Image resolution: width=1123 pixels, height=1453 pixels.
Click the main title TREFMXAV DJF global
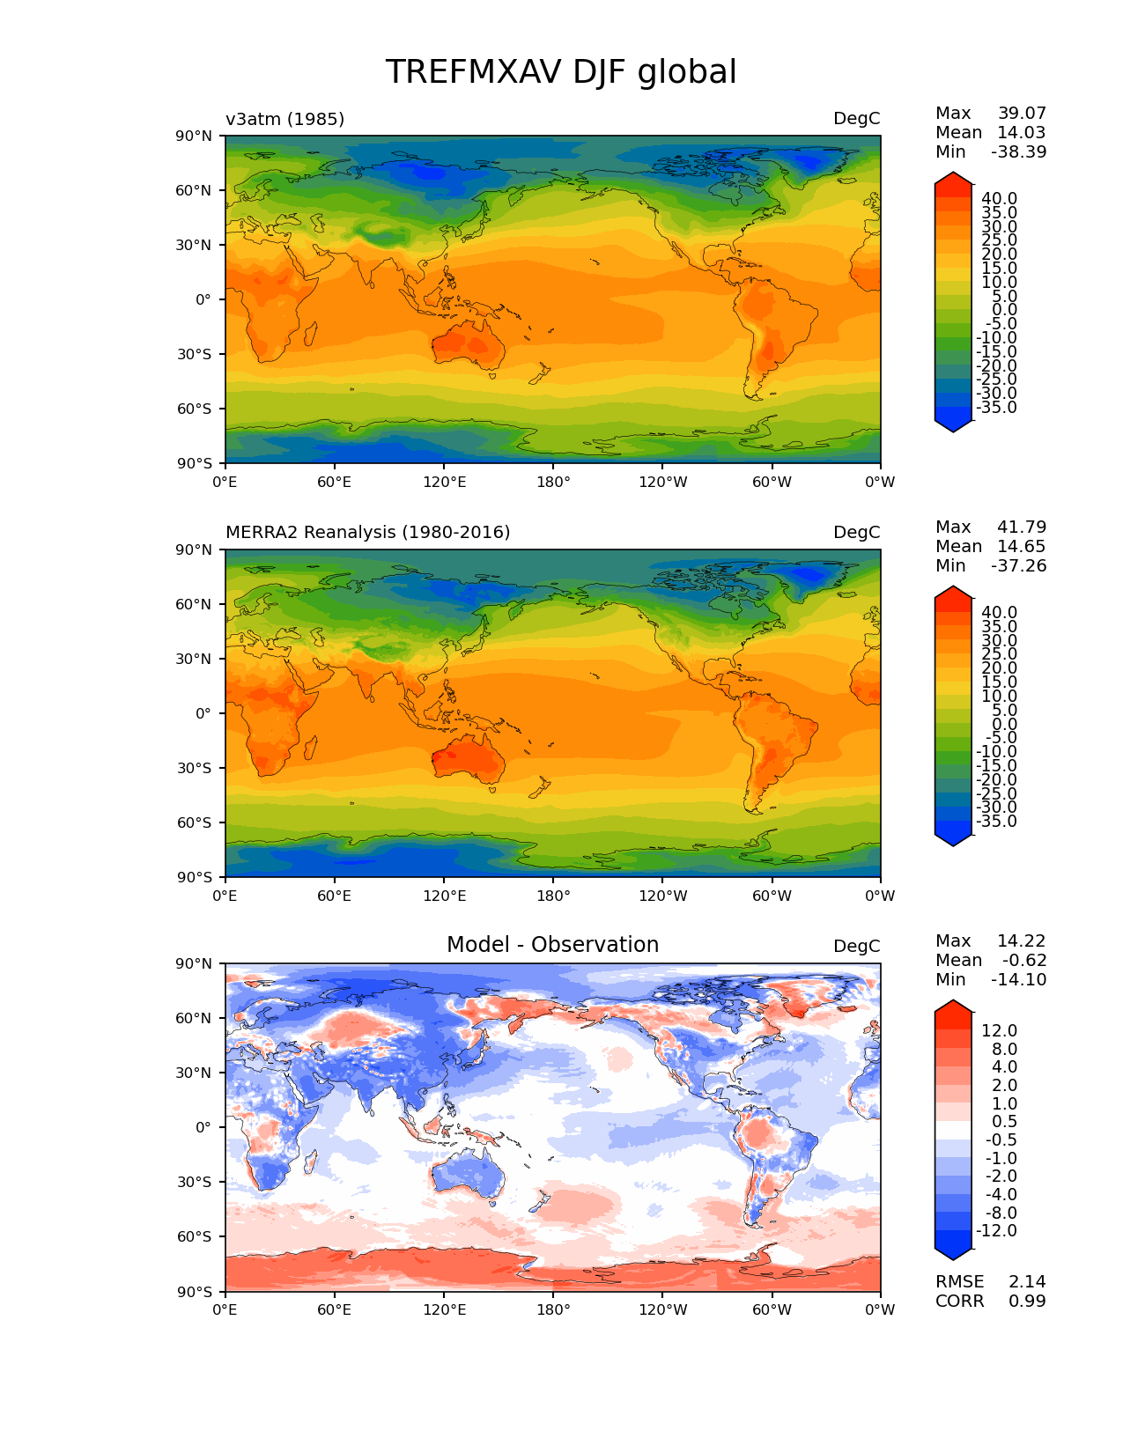click(x=561, y=72)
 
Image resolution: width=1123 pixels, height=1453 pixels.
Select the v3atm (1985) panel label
click(x=284, y=119)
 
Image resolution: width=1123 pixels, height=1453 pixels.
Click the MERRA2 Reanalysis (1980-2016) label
click(x=367, y=532)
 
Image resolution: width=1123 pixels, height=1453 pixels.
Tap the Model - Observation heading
click(x=552, y=945)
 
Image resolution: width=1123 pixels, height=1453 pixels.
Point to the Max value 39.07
click(x=1022, y=113)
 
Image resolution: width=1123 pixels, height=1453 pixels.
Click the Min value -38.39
click(x=1018, y=151)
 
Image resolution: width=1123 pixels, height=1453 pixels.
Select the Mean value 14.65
click(x=1021, y=546)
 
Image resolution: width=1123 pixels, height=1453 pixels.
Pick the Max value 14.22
click(x=1021, y=940)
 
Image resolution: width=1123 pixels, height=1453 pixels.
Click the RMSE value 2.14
click(x=1027, y=1281)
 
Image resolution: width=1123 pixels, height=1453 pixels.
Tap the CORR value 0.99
click(x=1027, y=1301)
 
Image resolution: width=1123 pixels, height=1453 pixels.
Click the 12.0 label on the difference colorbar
click(x=999, y=1030)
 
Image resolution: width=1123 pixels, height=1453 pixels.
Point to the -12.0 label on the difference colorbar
click(x=996, y=1230)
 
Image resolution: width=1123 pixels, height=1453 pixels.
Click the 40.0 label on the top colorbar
click(x=999, y=198)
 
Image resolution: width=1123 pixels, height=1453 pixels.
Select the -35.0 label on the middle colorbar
click(x=996, y=821)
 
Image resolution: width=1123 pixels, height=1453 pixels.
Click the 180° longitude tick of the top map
click(x=553, y=482)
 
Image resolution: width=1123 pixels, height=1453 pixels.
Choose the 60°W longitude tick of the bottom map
click(x=772, y=1309)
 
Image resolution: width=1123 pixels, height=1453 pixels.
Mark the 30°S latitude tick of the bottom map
click(x=195, y=1182)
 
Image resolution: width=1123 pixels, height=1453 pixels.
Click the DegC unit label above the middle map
click(x=856, y=532)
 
